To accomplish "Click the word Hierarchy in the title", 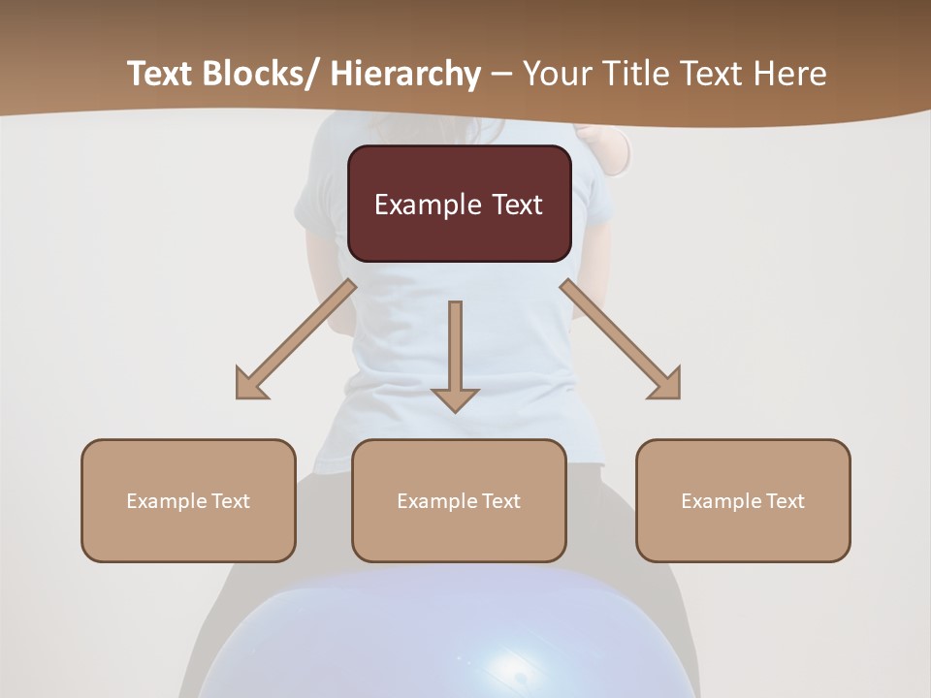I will pos(405,75).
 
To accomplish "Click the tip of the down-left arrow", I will pos(239,397).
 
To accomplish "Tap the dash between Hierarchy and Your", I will pos(501,75).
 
